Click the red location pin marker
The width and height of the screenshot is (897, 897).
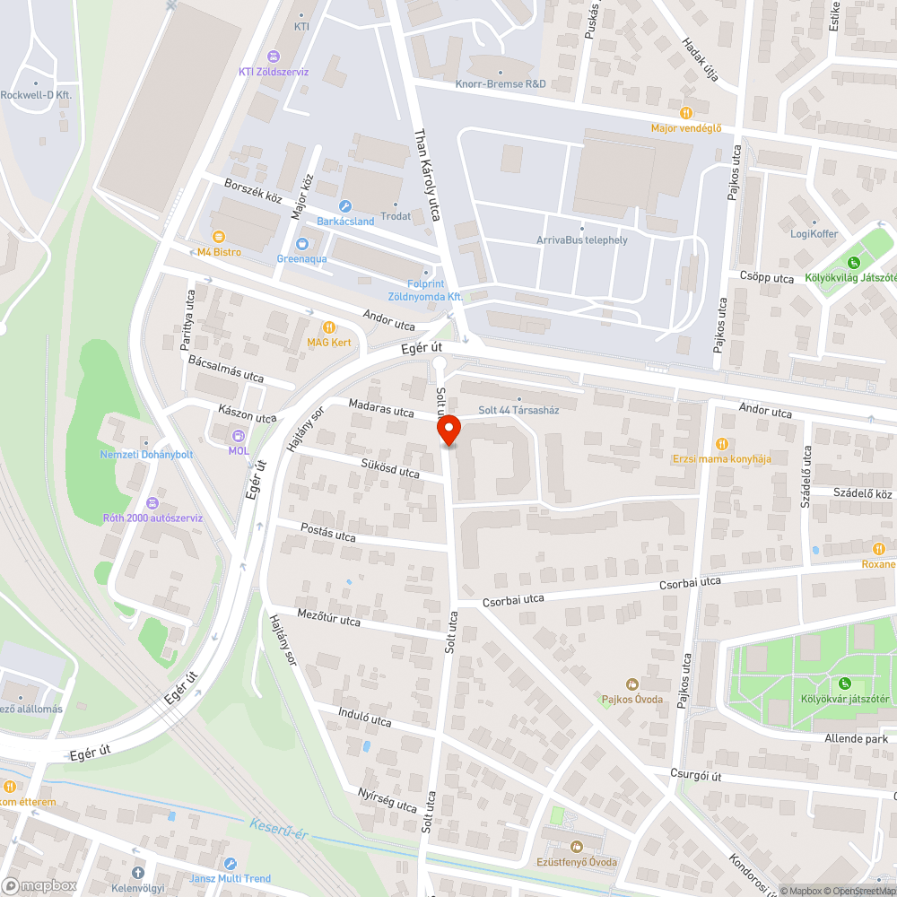(x=449, y=431)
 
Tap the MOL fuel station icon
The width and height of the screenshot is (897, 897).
(x=239, y=436)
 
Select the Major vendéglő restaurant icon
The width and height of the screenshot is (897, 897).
(x=686, y=113)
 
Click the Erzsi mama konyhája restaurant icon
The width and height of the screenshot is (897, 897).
(x=722, y=444)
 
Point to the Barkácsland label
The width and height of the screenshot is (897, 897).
(x=345, y=221)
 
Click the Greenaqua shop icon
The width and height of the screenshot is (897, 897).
(x=302, y=244)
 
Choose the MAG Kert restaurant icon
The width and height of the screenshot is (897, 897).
(x=329, y=327)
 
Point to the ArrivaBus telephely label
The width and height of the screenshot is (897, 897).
(x=581, y=239)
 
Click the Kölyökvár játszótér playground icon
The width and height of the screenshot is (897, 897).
(x=844, y=684)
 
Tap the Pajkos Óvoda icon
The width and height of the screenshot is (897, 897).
(x=632, y=684)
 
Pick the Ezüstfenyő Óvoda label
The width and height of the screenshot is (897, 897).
(x=583, y=862)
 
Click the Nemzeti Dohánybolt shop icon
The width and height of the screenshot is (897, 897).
(x=146, y=440)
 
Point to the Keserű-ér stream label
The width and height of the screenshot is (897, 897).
(x=279, y=829)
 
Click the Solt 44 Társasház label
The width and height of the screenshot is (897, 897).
(x=519, y=410)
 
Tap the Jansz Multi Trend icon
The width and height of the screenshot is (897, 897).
(x=231, y=864)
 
